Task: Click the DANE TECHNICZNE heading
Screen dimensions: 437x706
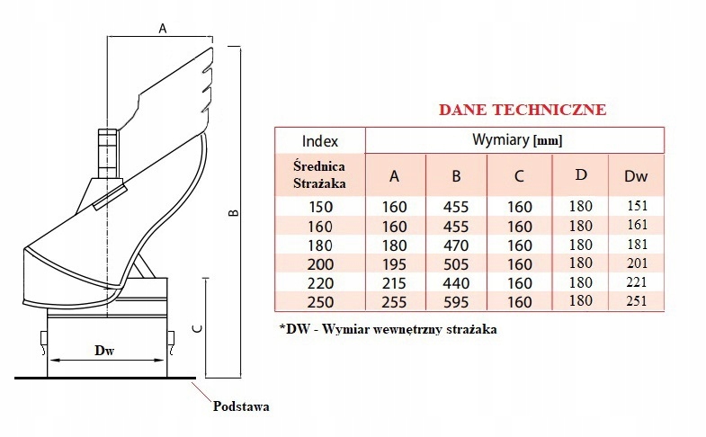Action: [x=521, y=111]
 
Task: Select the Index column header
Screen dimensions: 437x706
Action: [x=319, y=142]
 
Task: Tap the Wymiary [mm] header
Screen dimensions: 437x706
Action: [x=517, y=141]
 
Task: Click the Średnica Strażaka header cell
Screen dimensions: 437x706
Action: [x=320, y=174]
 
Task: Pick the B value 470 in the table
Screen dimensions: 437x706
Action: [x=455, y=245]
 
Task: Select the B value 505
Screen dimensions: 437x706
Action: [x=455, y=264]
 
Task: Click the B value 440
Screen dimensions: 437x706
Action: [x=455, y=282]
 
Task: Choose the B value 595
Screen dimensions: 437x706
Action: [x=455, y=301]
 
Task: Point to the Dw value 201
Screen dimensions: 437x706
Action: [x=637, y=264]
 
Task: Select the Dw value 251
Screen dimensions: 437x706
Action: [x=637, y=301]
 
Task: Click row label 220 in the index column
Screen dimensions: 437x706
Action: [x=320, y=282]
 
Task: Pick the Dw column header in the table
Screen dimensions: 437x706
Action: [x=637, y=176]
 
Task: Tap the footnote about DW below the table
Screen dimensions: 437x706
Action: [x=389, y=329]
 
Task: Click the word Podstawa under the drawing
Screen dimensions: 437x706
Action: [x=240, y=406]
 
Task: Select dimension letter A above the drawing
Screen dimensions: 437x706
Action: [x=163, y=28]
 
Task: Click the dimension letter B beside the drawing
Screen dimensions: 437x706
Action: [x=232, y=213]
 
